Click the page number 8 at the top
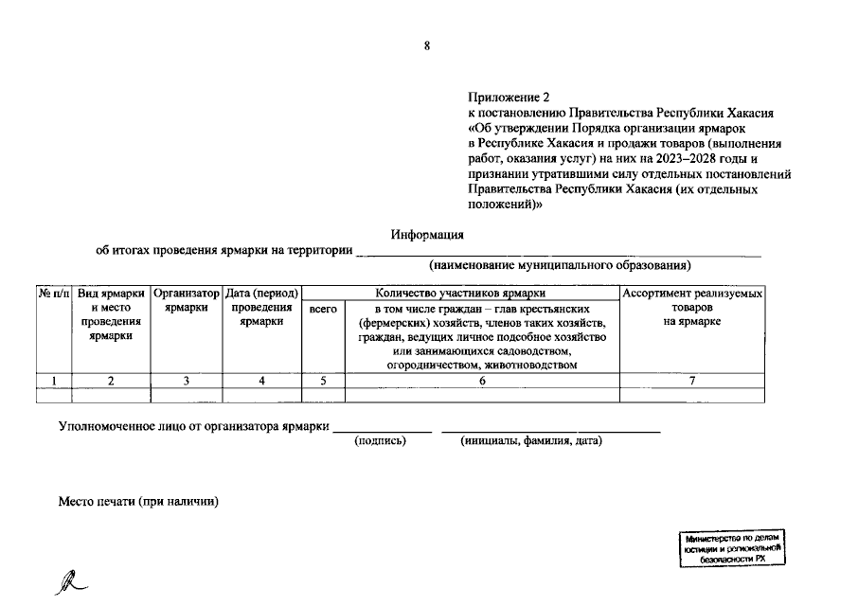(427, 46)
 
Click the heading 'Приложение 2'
(508, 98)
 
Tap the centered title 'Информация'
(428, 235)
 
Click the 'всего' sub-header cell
(323, 309)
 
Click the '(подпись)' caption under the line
(380, 441)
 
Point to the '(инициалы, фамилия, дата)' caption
(531, 441)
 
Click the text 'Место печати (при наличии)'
(139, 501)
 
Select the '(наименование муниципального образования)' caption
(559, 265)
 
